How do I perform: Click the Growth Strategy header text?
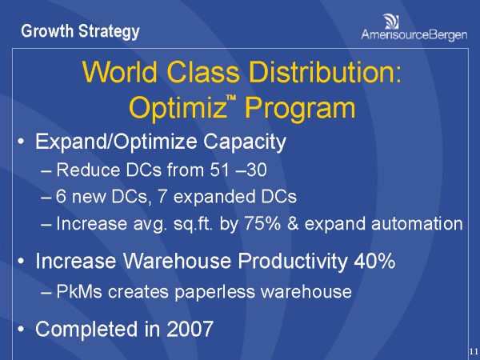click(x=80, y=32)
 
